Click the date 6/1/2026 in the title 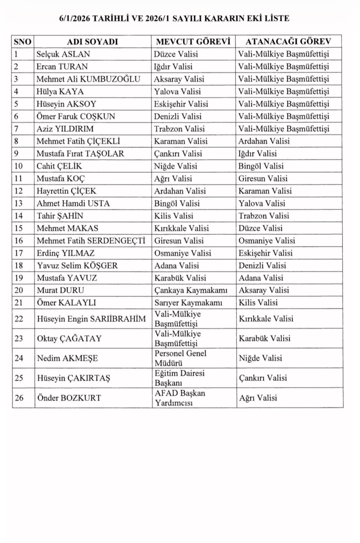click(x=75, y=19)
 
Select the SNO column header click(x=23, y=42)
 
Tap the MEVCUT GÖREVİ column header click(x=193, y=42)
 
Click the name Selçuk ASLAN click(x=63, y=54)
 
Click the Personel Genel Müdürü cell click(x=180, y=358)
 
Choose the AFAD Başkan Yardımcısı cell click(x=180, y=398)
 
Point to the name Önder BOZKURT click(x=69, y=398)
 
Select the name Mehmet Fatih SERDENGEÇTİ click(x=91, y=241)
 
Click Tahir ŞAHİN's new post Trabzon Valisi click(x=264, y=216)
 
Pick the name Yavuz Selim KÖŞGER click(x=77, y=265)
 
